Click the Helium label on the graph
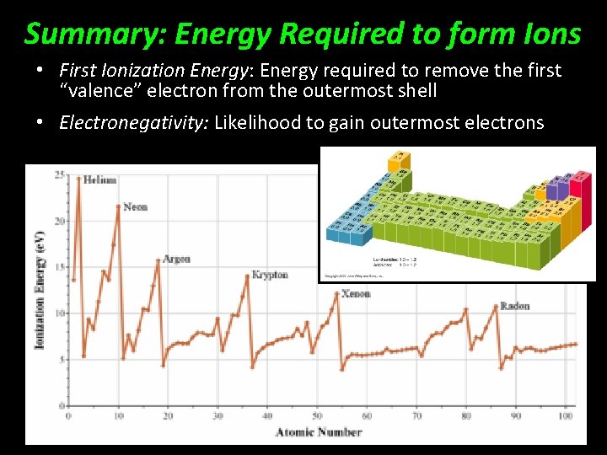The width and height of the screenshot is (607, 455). point(99,179)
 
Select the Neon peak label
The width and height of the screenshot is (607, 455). point(135,206)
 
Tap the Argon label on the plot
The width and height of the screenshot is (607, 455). point(176,259)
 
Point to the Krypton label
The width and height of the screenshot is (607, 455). point(270,275)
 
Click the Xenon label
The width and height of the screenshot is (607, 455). point(356,293)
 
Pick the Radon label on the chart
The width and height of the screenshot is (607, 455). point(514,306)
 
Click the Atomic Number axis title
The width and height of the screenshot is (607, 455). point(319,432)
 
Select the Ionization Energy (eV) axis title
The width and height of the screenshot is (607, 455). point(39,291)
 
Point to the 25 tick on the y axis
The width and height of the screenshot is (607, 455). point(59,174)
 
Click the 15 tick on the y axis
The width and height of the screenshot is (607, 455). point(59,267)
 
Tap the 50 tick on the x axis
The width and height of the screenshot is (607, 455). point(317,415)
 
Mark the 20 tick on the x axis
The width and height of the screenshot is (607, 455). point(168,415)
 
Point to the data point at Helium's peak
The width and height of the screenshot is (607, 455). point(78,177)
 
